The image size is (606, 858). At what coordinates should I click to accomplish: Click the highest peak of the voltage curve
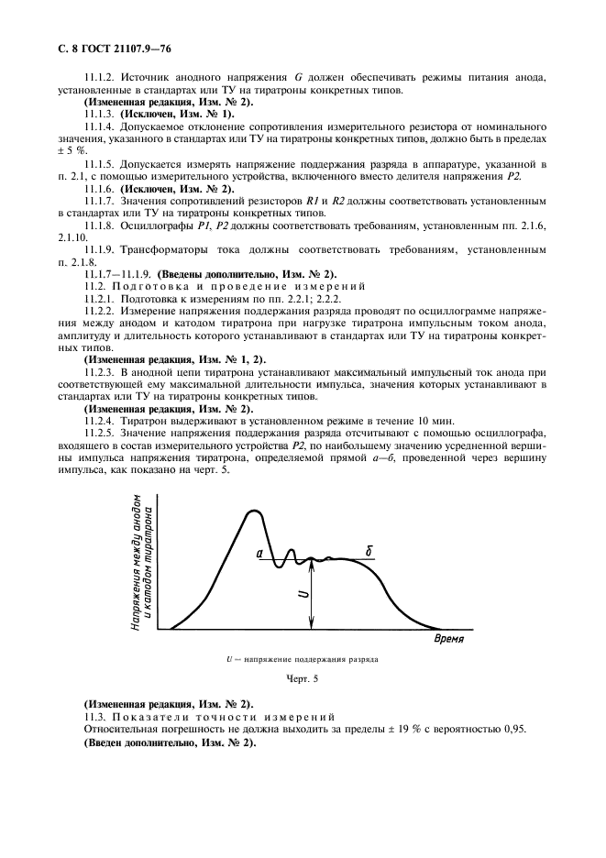pos(251,511)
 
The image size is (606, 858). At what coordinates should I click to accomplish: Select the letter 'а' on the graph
pos(259,553)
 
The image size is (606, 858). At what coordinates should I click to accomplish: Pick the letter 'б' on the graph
pos(368,551)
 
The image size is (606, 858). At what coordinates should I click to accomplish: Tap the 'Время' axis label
pos(449,638)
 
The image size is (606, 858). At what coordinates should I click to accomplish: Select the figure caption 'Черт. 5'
pos(303,679)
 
